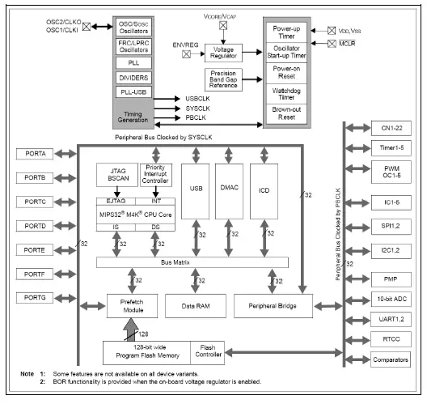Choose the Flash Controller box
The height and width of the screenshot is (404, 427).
point(207,351)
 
